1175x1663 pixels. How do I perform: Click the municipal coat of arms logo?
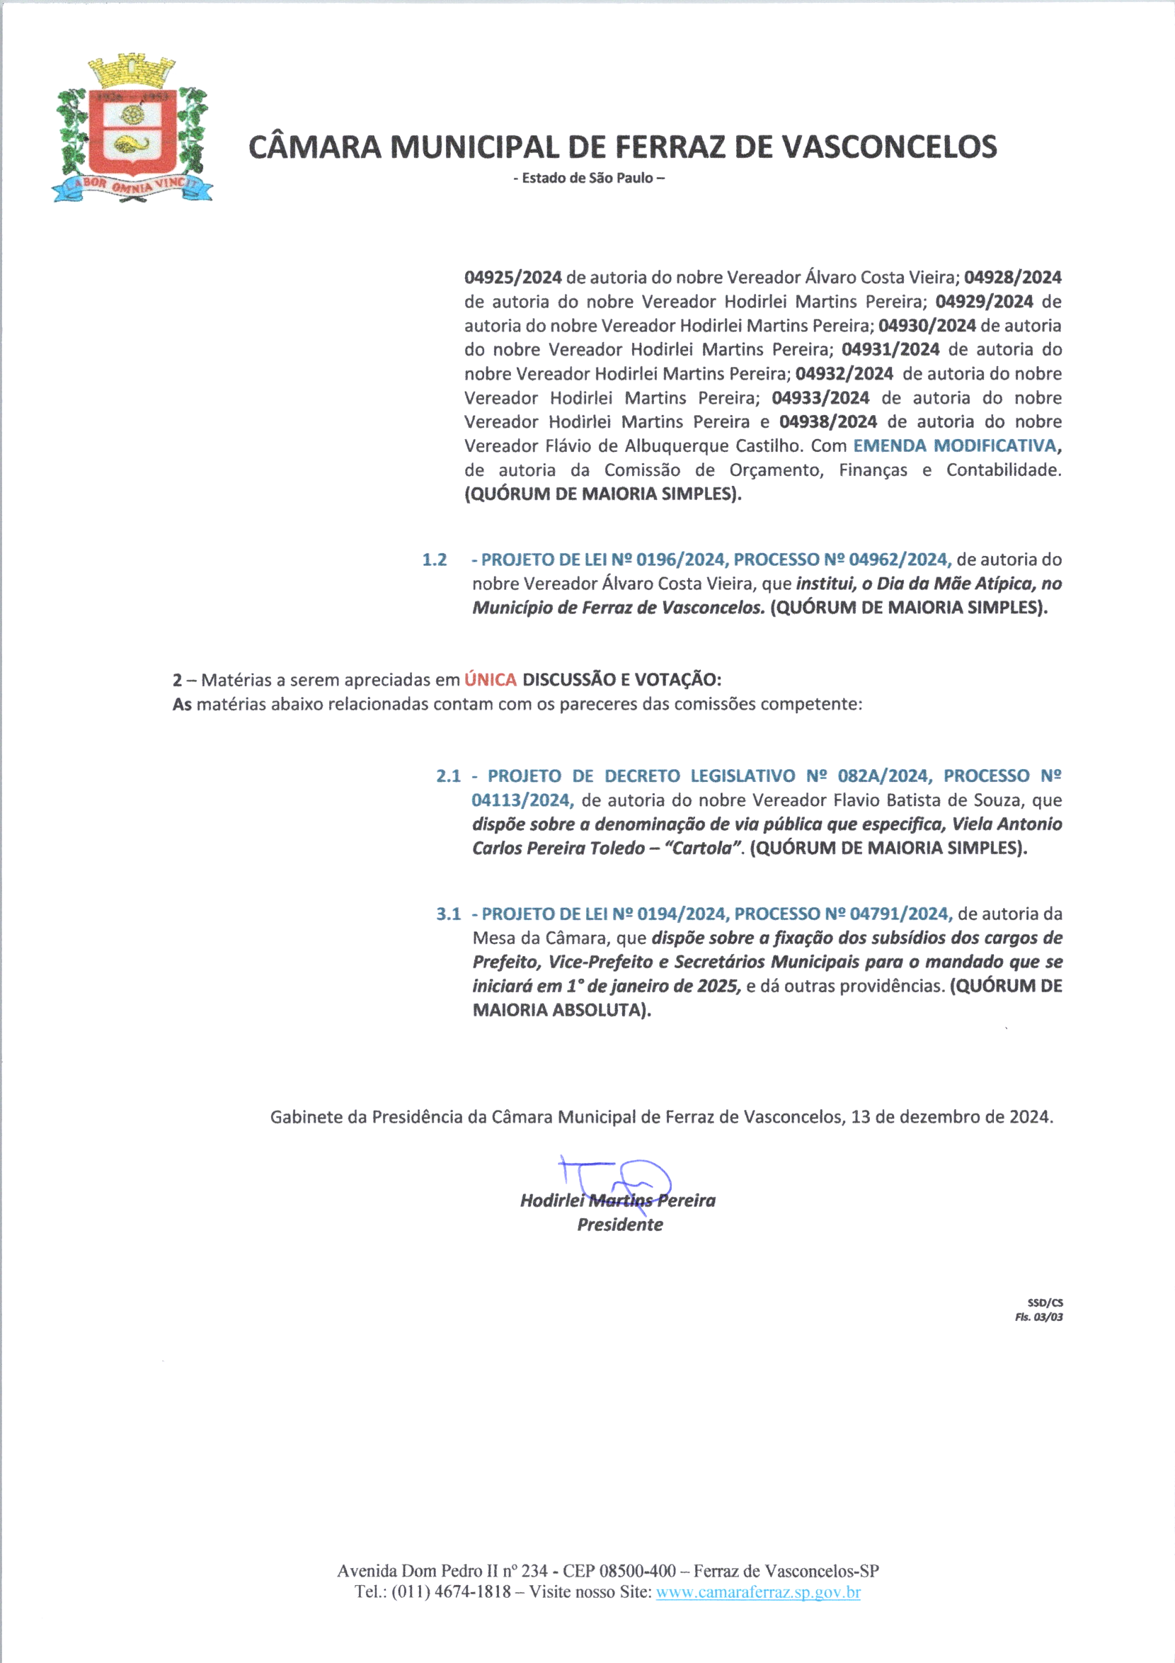(x=132, y=130)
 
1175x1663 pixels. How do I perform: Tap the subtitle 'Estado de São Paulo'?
(x=588, y=178)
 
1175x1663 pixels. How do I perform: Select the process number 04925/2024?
(x=512, y=278)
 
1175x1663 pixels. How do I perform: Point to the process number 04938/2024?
(x=827, y=421)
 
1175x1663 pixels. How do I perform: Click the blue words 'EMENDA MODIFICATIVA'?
(x=954, y=445)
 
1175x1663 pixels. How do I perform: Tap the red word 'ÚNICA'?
(x=490, y=679)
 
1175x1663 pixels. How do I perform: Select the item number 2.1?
(x=448, y=776)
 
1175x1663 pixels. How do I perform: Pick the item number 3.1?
(x=448, y=914)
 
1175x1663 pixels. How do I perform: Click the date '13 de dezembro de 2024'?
(x=951, y=1116)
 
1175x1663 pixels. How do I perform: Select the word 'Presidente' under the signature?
(x=620, y=1224)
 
